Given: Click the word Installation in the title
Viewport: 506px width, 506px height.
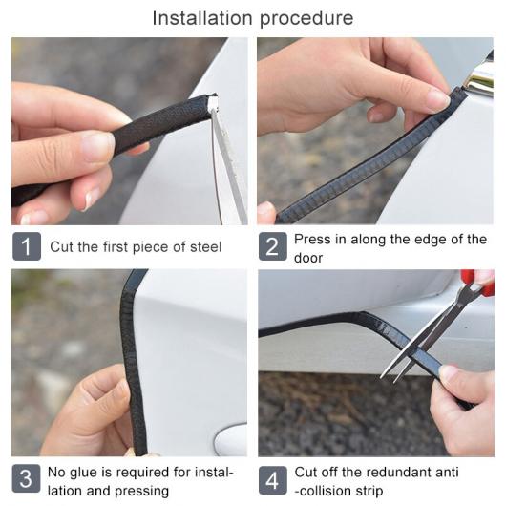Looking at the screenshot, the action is point(202,18).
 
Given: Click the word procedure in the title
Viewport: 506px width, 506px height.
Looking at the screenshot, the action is point(306,19).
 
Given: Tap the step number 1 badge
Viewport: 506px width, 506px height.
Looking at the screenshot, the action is point(27,246).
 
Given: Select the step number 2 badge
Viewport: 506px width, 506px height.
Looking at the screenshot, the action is point(273,246).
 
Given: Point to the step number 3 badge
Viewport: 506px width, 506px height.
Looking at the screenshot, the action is point(27,478).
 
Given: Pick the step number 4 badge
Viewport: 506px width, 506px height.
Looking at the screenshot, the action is point(273,480).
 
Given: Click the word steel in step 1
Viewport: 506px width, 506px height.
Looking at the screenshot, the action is point(205,247).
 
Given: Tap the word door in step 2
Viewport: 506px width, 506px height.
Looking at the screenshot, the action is point(308,258).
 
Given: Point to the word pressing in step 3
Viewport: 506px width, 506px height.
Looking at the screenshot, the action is point(141,492).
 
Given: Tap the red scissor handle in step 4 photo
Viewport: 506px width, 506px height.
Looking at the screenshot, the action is point(477,282).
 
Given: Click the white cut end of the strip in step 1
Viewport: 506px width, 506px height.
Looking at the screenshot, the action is point(212,102).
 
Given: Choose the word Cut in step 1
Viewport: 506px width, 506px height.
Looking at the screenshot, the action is point(62,247).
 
